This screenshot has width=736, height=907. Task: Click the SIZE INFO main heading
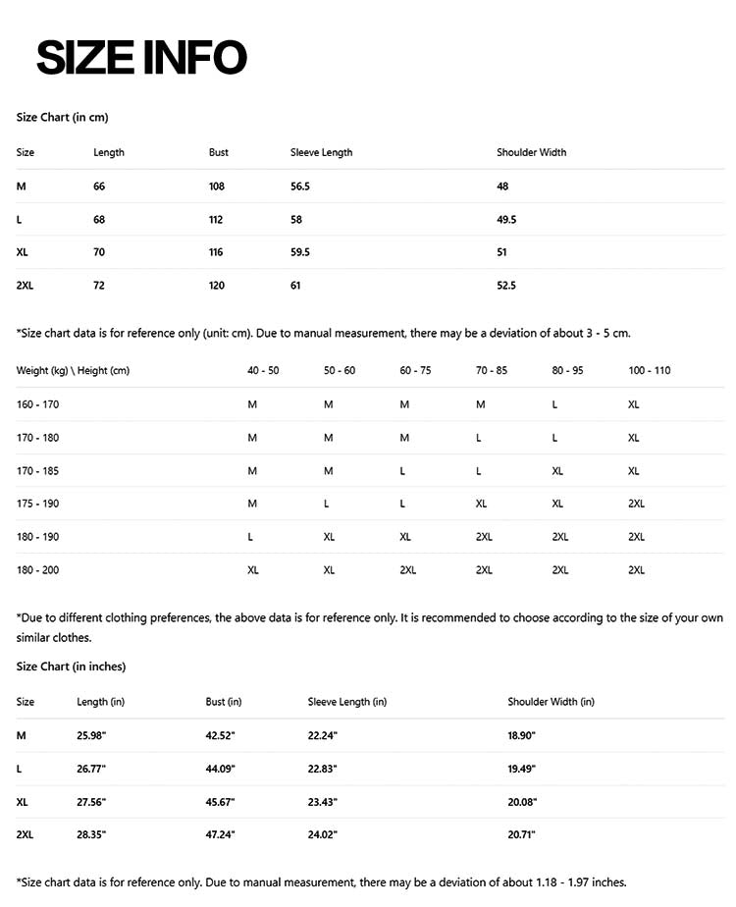[141, 58]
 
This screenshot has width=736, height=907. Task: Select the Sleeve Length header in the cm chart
[321, 152]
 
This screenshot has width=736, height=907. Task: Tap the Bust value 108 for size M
[217, 186]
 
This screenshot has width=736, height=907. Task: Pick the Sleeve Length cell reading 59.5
[300, 252]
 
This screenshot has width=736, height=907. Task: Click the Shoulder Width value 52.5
[506, 286]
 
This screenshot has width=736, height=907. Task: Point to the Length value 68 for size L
[99, 219]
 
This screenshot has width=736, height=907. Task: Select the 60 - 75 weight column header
[415, 370]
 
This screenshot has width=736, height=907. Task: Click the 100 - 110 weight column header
[650, 370]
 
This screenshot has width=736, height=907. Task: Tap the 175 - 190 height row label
[37, 504]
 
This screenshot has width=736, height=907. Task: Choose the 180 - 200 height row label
[37, 570]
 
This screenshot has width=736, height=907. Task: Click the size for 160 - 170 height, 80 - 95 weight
[555, 404]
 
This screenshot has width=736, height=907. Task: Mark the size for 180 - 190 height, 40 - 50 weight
[251, 537]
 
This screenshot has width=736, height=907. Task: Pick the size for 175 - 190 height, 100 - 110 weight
[636, 504]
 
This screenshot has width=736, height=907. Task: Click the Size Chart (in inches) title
[71, 667]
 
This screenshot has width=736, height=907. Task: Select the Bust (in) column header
[224, 702]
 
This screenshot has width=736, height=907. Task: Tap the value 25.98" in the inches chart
[91, 735]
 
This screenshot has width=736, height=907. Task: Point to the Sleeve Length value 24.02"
[323, 835]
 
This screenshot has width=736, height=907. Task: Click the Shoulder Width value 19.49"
[522, 769]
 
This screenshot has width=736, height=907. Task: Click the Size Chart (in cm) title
[62, 117]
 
